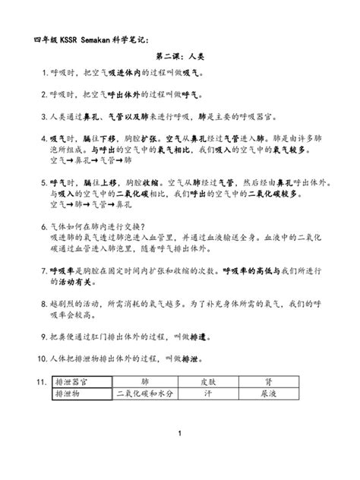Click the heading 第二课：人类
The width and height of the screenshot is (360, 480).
(x=179, y=57)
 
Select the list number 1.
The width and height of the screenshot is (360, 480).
(x=43, y=74)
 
